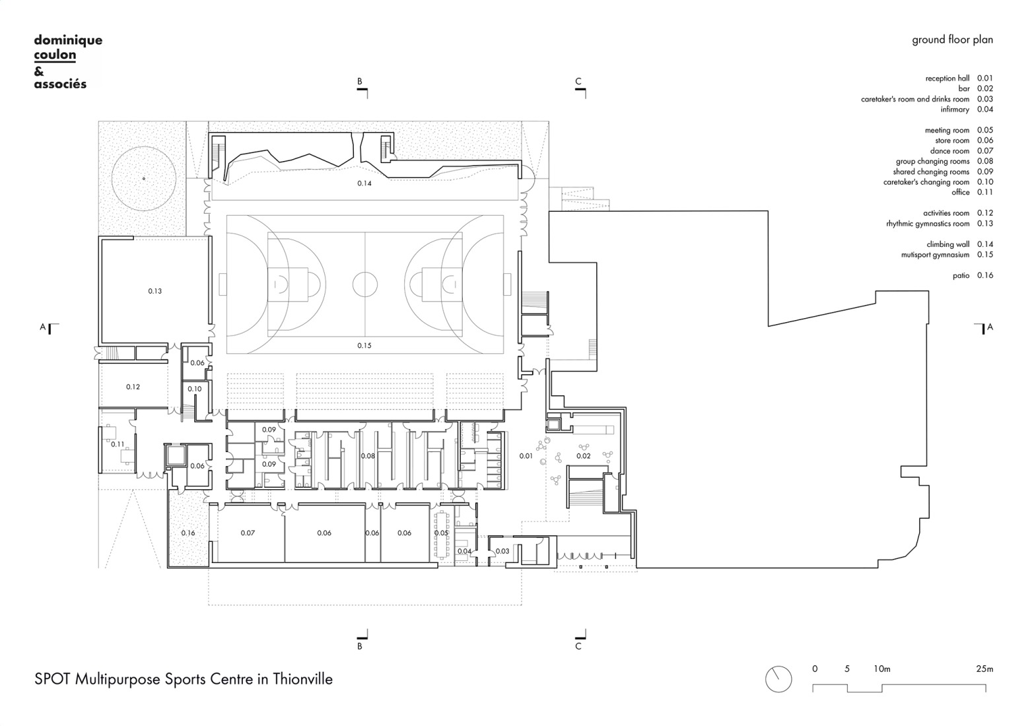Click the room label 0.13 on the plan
click(x=154, y=291)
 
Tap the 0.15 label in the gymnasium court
click(x=364, y=346)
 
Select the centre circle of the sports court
click(x=364, y=284)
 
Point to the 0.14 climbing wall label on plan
click(x=364, y=183)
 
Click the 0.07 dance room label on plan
click(x=248, y=533)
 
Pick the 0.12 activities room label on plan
click(x=133, y=387)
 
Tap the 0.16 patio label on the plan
click(x=188, y=533)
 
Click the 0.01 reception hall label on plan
click(x=526, y=456)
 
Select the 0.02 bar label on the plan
click(x=584, y=456)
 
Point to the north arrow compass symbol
click(x=778, y=679)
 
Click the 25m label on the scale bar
click(x=984, y=669)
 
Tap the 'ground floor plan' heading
click(x=952, y=40)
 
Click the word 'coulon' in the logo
click(x=55, y=55)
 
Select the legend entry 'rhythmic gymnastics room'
click(x=928, y=224)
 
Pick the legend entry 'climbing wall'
click(x=947, y=244)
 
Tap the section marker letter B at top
click(x=360, y=82)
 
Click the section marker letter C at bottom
click(x=578, y=646)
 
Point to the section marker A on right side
click(x=990, y=327)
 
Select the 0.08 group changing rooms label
click(x=368, y=456)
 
